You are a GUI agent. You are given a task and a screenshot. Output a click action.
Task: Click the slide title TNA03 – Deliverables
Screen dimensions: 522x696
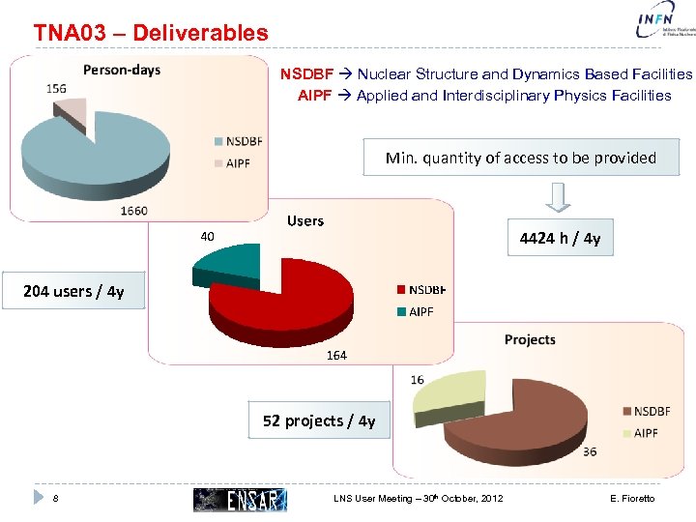pos(151,32)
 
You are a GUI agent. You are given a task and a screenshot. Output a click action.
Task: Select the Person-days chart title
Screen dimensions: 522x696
pos(122,70)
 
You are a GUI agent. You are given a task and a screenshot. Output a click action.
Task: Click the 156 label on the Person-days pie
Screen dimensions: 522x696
pos(56,88)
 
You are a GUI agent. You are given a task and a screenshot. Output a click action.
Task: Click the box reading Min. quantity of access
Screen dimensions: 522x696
pos(520,158)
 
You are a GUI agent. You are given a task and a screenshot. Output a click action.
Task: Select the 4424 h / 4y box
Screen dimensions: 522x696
pos(560,238)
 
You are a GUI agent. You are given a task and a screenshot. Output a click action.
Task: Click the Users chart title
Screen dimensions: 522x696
pos(305,221)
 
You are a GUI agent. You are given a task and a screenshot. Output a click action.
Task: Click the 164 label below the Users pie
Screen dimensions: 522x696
pos(336,356)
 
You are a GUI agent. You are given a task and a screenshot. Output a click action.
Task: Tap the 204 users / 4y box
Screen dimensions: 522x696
pos(73,291)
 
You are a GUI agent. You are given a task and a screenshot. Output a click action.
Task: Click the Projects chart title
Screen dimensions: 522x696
pos(530,339)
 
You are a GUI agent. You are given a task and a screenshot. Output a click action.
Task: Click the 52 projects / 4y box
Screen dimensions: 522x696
pos(319,420)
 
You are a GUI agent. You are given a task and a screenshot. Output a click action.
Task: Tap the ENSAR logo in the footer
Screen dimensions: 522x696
pos(240,499)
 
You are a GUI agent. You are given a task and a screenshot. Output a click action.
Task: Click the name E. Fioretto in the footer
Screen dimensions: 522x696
pos(632,499)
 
